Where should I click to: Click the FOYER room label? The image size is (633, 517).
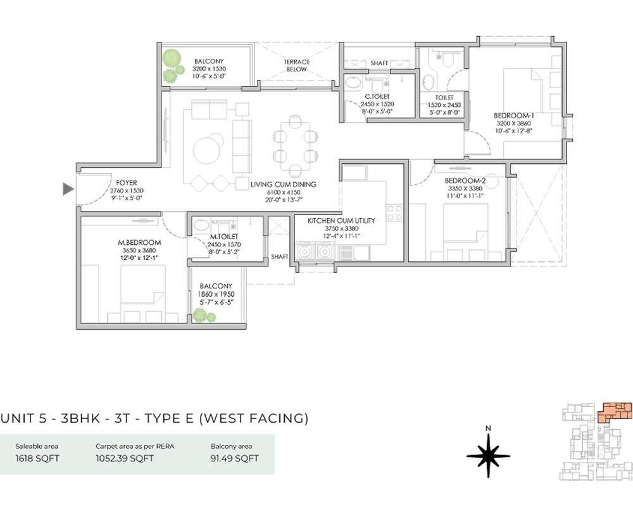[x=127, y=183]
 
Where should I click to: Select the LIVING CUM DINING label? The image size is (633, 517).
[x=283, y=185]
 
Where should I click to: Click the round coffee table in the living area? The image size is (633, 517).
[x=208, y=151]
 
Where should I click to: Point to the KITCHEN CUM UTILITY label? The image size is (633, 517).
[x=341, y=221]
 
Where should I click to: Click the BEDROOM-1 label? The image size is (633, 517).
[x=514, y=115]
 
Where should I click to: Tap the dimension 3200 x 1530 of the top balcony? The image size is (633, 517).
[x=210, y=69]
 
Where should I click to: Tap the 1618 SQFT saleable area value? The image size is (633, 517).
[x=37, y=458]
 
